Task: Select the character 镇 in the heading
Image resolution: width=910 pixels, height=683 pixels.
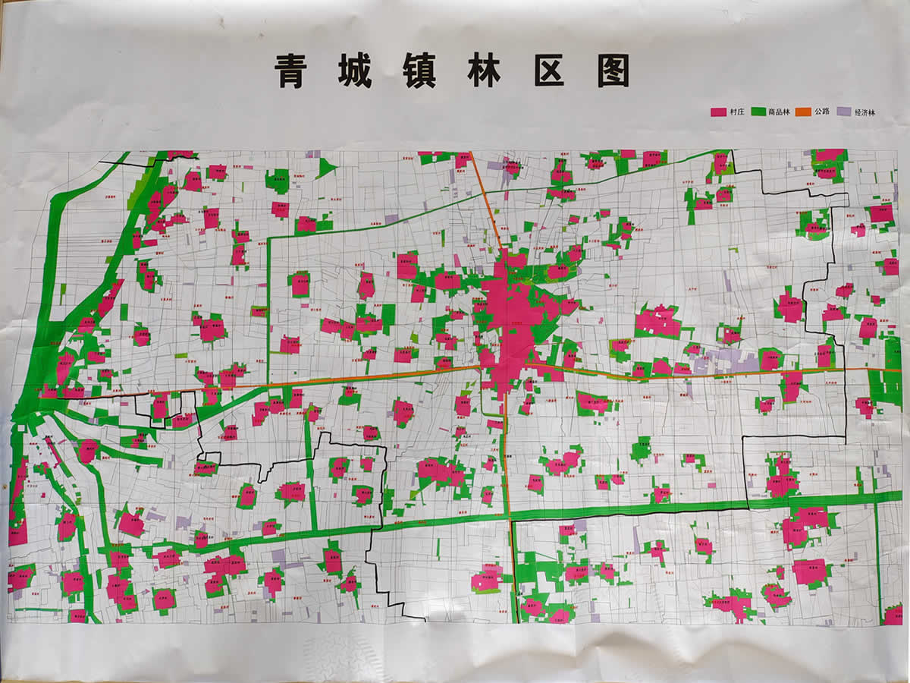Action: (419, 71)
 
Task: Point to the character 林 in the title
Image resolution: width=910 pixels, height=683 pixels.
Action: (483, 71)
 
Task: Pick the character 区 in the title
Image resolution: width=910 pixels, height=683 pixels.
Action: (549, 71)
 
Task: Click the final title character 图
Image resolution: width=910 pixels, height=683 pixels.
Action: (613, 71)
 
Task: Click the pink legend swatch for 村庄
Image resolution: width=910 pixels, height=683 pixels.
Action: (717, 112)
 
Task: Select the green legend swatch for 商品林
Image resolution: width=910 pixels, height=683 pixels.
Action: (758, 112)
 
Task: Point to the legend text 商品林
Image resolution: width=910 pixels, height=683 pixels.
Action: (780, 112)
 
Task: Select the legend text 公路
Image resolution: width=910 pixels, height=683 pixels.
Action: (823, 112)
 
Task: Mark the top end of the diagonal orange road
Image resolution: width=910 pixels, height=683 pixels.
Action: (471, 154)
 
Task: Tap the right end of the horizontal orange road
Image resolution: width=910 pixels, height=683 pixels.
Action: (899, 370)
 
